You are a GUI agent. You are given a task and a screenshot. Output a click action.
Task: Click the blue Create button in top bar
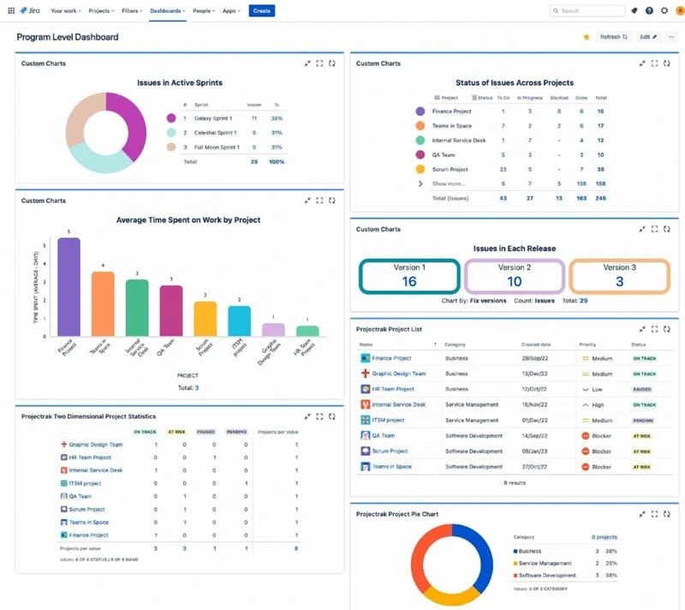tap(262, 11)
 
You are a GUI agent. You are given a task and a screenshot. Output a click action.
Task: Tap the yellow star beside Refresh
tap(587, 38)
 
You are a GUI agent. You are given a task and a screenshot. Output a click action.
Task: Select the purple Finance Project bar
tap(68, 287)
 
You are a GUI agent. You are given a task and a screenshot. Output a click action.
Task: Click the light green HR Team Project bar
tap(307, 331)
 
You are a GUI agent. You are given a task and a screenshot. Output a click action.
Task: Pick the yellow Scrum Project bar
tap(205, 318)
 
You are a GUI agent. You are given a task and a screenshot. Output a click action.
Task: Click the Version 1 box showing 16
tap(409, 277)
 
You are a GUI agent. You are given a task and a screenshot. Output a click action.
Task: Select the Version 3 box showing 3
tap(619, 277)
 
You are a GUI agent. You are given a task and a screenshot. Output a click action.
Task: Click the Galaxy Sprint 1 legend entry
tap(215, 118)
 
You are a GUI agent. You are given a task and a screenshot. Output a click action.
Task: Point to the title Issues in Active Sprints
tap(180, 83)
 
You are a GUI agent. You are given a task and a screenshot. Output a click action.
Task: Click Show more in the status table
tap(450, 183)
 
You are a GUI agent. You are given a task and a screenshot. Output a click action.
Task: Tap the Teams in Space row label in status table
tap(452, 126)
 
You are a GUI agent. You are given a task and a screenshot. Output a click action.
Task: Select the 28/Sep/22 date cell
tap(534, 359)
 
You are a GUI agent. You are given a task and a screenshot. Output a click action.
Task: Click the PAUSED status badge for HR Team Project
tap(642, 390)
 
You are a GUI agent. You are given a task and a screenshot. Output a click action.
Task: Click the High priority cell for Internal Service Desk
tap(598, 404)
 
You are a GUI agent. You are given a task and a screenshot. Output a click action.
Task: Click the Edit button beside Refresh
tap(649, 38)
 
